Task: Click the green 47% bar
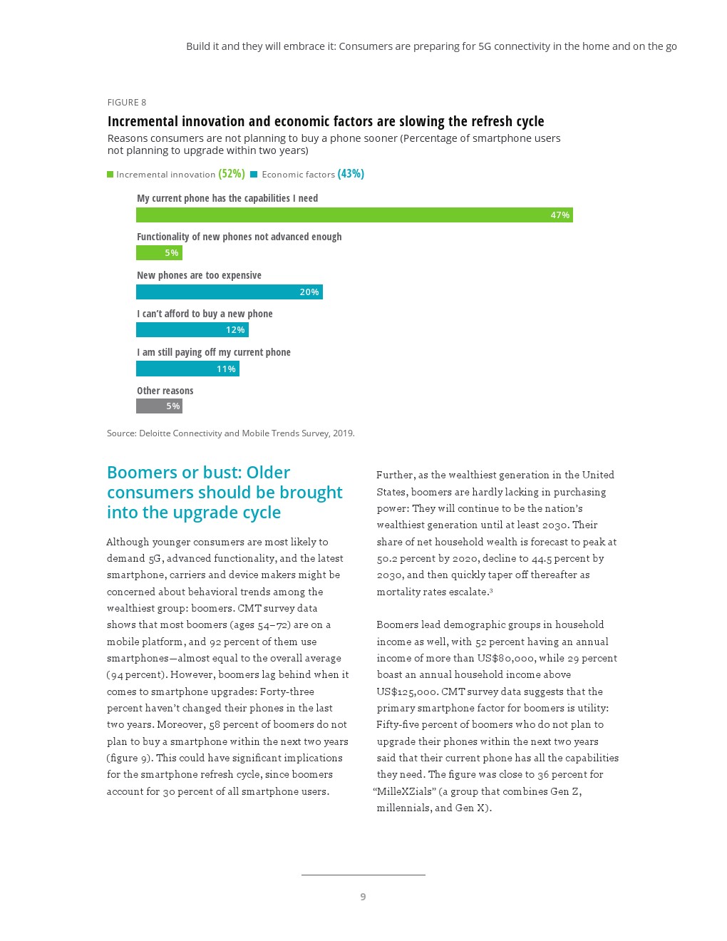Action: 354,215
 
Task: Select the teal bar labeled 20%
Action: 229,292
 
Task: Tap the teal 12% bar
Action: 192,330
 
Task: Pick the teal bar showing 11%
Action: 187,369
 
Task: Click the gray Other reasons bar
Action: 159,406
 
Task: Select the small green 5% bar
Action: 159,253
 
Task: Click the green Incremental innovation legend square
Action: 110,175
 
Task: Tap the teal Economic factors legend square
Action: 254,175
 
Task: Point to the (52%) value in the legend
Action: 232,174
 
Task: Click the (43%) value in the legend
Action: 351,174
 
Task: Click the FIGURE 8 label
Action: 127,103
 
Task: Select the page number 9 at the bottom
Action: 363,897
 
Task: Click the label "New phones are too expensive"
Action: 199,275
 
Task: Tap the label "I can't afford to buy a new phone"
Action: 205,314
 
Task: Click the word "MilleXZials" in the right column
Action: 404,791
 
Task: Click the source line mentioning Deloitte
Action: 230,433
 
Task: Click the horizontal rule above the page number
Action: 363,875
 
